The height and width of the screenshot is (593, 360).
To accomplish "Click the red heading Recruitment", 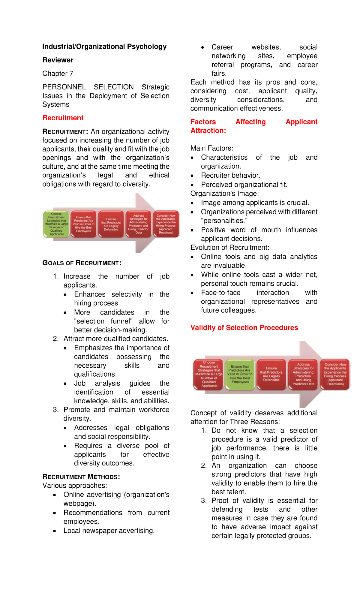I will pos(63,118).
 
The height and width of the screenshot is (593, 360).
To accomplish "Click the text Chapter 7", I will pos(58,74).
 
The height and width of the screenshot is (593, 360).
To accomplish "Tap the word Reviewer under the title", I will pos(58,60).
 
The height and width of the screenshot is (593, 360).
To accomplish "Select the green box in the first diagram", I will pos(56,224).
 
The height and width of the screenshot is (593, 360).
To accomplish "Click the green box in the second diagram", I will pos(240,374).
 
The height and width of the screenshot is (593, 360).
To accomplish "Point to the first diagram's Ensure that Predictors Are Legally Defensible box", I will pos(111,224).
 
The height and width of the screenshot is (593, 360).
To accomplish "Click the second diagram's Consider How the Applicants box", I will pos(335,374).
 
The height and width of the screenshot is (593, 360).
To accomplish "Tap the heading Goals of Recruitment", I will pos(82,263).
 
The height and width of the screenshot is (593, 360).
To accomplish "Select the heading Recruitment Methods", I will pos(81,477).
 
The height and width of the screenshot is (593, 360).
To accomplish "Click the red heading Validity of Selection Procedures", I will pos(244,328).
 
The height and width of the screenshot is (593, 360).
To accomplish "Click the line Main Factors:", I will pos(212,148).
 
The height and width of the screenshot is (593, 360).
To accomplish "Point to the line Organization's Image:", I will pos(224,194).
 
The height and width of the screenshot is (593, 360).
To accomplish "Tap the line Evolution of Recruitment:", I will pos(230,248).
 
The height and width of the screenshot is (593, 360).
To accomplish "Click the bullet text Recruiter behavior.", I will pos(230,176).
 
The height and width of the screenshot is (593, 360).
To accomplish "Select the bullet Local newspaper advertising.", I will pos(109,531).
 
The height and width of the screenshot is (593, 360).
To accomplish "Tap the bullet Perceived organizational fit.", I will pos(244,185).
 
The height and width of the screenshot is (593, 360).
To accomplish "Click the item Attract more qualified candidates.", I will pos(115,339).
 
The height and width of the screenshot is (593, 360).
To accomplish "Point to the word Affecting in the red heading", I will pos(250,122).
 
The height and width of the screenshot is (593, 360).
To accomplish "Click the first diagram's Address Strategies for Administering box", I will pos(138,224).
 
